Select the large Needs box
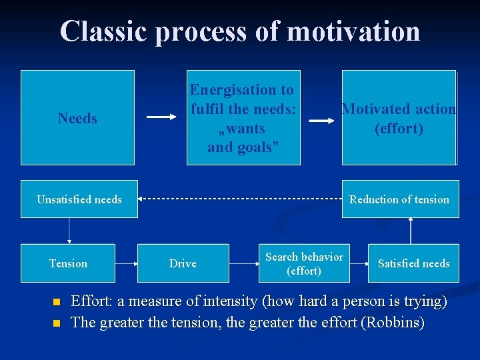coord(77,118)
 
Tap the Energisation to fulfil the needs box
coord(243,117)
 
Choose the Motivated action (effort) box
coord(399,117)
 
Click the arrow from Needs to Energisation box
coord(161,117)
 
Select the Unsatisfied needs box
coord(79,199)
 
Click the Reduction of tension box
coord(400,199)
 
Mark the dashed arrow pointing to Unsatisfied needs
coord(240,199)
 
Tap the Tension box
coord(68,263)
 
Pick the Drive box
coord(183,263)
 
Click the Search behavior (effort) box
coord(304,263)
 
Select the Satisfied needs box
coord(413,263)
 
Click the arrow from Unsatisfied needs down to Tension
coord(69,231)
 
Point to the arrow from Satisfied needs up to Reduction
coord(411,231)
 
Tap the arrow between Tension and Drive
coord(126,263)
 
